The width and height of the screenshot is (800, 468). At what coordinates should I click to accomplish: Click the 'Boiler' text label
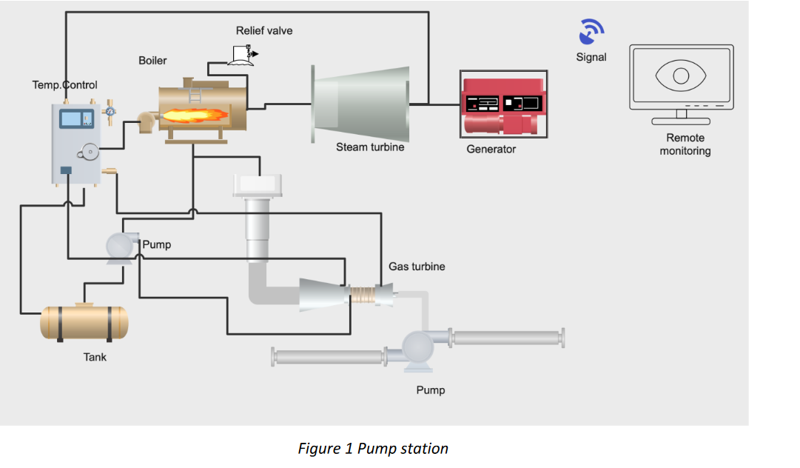click(153, 60)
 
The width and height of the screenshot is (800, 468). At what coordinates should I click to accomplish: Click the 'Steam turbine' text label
click(370, 147)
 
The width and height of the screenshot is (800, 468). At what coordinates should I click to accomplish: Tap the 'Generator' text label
click(491, 149)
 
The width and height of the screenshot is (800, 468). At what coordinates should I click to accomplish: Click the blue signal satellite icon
click(591, 32)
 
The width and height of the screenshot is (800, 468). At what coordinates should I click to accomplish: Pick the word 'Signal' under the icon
click(591, 57)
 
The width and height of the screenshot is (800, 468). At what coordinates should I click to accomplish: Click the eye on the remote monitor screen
click(682, 76)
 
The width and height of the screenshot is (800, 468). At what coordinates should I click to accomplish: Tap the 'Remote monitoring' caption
click(685, 144)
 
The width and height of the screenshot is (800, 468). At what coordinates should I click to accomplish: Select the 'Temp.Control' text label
click(64, 85)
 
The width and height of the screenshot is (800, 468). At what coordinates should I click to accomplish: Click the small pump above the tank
click(118, 247)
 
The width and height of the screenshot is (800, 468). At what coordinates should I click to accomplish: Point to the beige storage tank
click(84, 322)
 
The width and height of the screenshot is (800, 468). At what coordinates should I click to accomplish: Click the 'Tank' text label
click(95, 357)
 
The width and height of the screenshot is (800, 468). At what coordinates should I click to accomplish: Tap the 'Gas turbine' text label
click(417, 266)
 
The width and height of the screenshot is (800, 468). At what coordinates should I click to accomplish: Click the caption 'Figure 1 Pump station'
click(373, 449)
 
